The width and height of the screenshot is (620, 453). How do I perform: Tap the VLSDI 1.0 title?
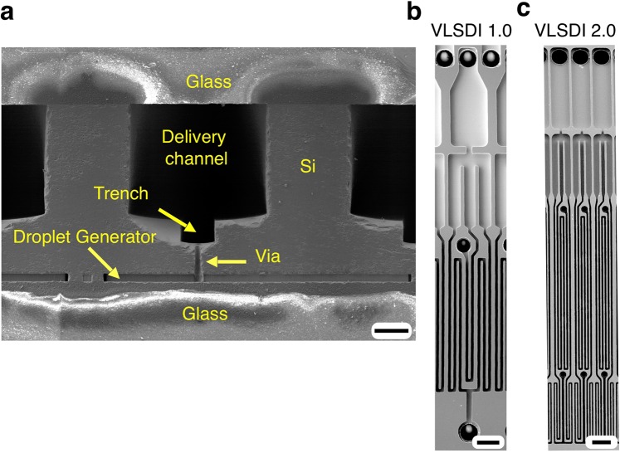pos(470,32)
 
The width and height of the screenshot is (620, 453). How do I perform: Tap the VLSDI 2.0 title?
pos(576,32)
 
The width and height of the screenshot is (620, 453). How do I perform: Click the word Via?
pos(267,258)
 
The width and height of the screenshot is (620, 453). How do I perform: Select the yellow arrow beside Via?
pos(225,261)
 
